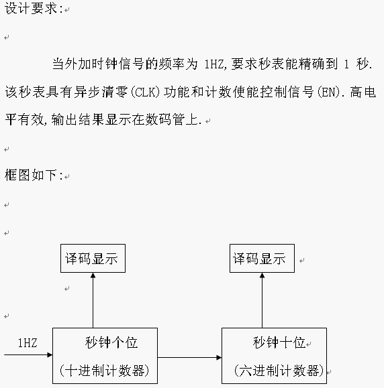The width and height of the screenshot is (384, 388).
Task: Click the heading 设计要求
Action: [31, 9]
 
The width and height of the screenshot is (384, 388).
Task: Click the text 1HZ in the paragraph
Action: [214, 64]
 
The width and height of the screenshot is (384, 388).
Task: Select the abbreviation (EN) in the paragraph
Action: [330, 92]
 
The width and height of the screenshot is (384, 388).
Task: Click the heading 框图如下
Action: [31, 175]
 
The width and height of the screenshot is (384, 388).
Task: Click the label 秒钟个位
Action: [111, 342]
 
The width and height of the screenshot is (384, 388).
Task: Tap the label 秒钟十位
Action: [279, 342]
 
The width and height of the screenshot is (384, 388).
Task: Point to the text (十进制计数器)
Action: [104, 371]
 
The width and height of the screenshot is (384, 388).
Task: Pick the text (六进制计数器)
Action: [279, 371]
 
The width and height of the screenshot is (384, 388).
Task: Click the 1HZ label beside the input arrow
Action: [28, 343]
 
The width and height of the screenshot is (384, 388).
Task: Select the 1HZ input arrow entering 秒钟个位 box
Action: [28, 355]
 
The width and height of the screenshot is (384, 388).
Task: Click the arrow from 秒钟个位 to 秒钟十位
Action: [189, 357]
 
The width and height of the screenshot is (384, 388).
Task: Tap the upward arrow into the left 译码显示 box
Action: [93, 300]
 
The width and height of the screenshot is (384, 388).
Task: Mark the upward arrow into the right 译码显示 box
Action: [262, 300]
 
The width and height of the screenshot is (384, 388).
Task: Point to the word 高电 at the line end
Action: [363, 92]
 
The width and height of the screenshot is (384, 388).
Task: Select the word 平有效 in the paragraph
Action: [24, 120]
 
